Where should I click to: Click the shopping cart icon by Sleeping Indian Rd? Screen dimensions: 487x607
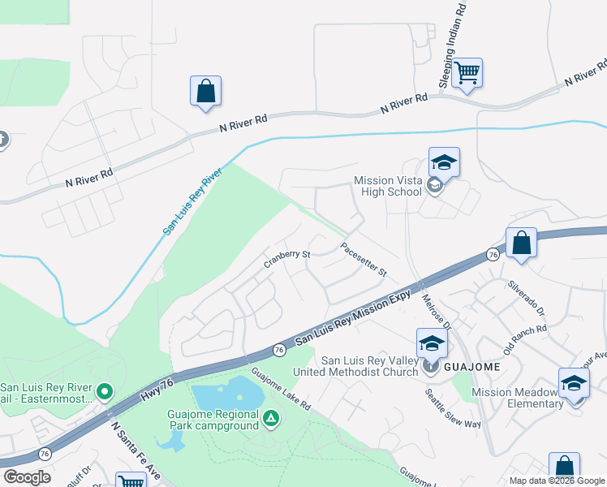(467, 74)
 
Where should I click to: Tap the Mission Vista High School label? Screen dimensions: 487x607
(388, 186)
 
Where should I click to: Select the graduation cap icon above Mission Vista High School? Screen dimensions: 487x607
(444, 163)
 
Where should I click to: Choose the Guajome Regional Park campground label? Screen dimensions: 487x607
(213, 420)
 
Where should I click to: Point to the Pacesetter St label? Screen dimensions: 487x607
(364, 261)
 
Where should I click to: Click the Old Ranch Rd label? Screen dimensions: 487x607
(524, 340)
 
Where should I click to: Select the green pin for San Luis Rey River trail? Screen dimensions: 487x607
(104, 393)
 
